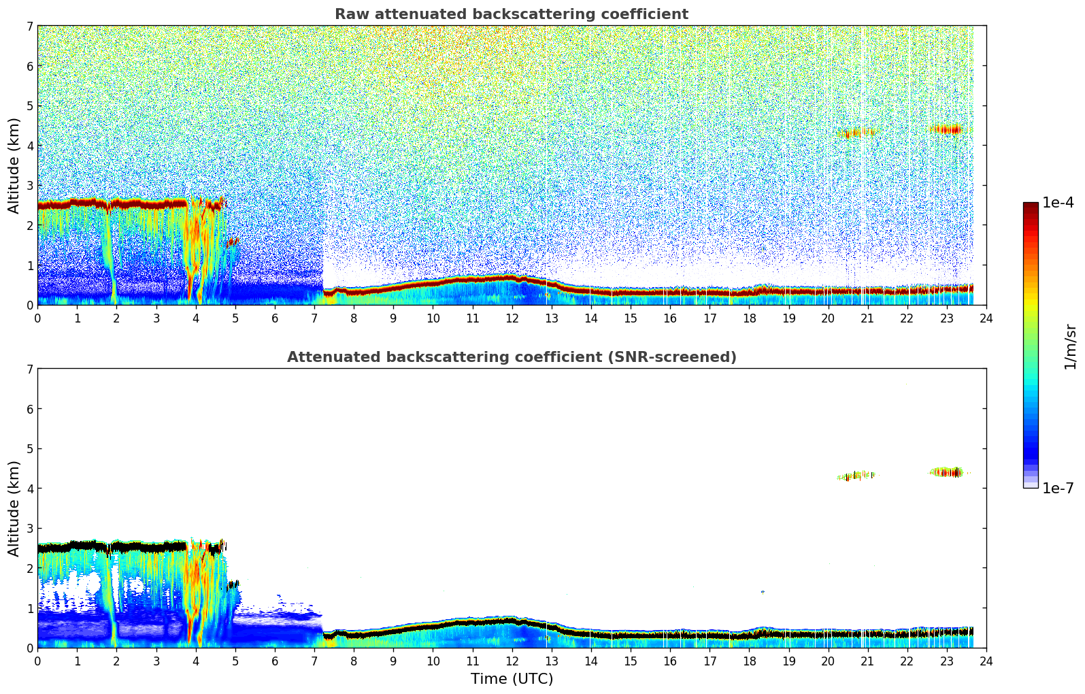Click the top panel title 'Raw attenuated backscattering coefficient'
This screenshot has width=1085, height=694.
512,14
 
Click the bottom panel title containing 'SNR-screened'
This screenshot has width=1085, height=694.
512,357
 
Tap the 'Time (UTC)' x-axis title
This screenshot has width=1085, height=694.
512,679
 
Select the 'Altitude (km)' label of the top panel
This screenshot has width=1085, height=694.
14,165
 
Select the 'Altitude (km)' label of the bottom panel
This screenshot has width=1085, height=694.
14,508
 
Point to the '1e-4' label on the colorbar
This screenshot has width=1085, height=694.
1058,203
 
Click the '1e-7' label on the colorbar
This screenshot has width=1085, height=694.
1058,488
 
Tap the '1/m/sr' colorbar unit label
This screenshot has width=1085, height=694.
1070,346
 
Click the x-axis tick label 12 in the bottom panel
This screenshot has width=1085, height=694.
512,661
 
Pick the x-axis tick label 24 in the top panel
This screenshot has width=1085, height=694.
986,318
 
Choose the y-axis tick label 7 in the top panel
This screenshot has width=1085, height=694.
30,27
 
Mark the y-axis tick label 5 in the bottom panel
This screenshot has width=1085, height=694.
30,449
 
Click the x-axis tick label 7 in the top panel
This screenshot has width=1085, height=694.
314,318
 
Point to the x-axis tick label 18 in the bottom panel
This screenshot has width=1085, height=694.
749,661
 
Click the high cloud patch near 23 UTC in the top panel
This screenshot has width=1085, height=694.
946,129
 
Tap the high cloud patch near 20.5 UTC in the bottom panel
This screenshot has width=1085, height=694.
856,476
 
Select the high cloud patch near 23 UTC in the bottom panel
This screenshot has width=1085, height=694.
946,472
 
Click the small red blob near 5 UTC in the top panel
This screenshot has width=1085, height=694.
233,242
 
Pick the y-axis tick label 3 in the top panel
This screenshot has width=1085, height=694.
30,186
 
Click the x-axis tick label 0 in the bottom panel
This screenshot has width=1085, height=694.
37,661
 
